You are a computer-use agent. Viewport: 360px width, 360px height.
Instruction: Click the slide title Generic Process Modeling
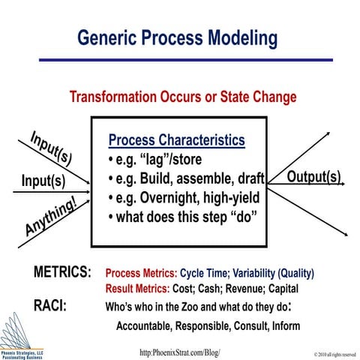click(x=178, y=38)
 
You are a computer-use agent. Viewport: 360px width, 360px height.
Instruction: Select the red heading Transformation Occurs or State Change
click(x=182, y=97)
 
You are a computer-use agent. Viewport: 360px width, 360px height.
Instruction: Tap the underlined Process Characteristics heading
click(x=176, y=140)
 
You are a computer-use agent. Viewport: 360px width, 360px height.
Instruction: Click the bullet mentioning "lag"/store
click(x=157, y=160)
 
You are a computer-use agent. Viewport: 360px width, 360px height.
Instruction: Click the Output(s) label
click(x=313, y=178)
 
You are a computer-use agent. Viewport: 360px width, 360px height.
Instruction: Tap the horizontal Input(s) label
click(x=43, y=181)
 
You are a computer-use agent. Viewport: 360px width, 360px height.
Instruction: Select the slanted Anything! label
click(x=50, y=217)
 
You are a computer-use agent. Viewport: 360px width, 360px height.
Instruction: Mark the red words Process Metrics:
click(x=141, y=273)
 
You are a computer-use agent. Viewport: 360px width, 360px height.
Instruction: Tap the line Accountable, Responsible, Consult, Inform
click(x=208, y=325)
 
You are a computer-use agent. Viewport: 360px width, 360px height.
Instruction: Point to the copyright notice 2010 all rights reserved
click(x=324, y=353)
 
